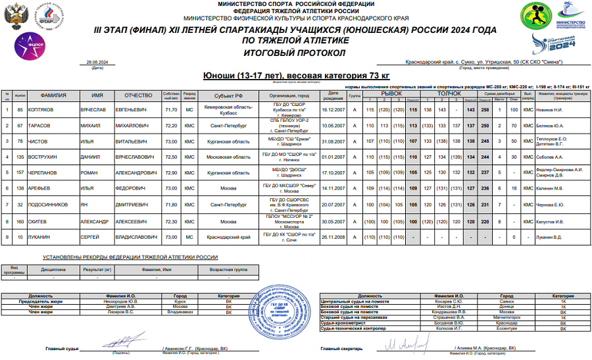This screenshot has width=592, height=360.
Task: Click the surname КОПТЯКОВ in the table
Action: tap(49, 109)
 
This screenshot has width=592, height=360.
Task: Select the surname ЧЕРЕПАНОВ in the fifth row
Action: tap(51, 172)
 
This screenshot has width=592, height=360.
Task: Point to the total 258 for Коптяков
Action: tap(484, 109)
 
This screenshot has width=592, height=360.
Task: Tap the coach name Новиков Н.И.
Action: tap(551, 109)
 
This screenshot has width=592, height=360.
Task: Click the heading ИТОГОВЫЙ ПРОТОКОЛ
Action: tap(295, 52)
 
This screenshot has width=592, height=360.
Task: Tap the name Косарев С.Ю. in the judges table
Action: tap(453, 301)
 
